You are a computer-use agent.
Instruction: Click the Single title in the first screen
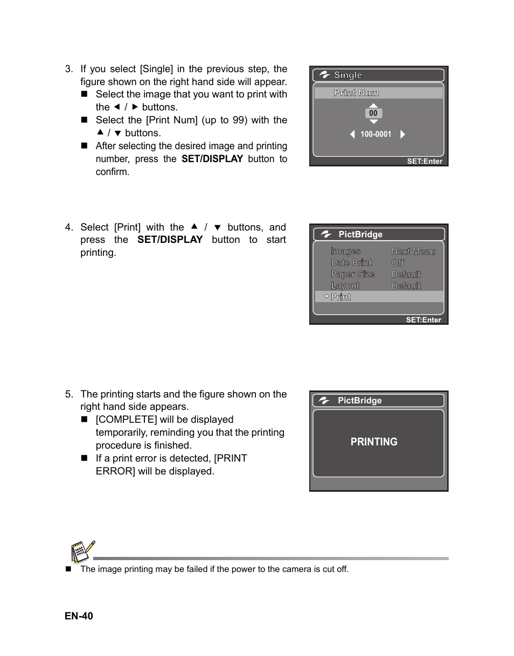click(348, 75)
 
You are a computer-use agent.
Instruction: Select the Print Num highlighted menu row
click(379, 93)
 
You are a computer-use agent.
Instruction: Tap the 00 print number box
click(373, 113)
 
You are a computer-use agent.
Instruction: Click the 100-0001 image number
click(376, 134)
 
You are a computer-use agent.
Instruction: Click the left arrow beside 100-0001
click(352, 134)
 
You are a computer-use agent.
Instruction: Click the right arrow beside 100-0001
click(402, 134)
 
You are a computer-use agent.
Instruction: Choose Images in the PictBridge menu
click(345, 251)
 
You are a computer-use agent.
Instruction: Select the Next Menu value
click(413, 251)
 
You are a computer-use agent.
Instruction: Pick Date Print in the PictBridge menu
click(351, 262)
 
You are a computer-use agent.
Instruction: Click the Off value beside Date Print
click(398, 263)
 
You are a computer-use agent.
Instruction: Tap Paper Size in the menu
click(352, 274)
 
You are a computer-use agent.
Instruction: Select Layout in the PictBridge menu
click(345, 285)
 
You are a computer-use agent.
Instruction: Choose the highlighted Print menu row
click(379, 297)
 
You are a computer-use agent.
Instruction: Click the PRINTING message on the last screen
click(374, 442)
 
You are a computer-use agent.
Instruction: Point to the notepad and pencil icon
click(82, 552)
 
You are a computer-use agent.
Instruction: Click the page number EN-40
click(79, 616)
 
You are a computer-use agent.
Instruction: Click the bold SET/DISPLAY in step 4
click(170, 240)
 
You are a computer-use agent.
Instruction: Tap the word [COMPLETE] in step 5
click(126, 420)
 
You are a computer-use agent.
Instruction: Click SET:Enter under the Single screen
click(425, 161)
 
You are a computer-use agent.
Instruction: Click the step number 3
click(68, 69)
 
